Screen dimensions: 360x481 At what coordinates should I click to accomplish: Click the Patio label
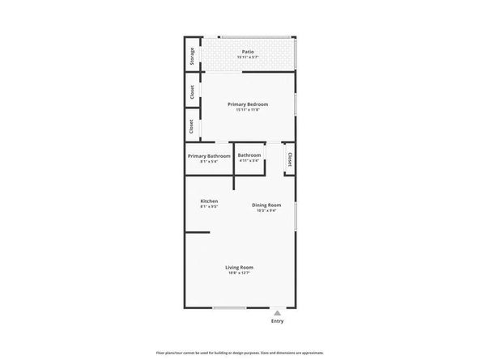click(247, 51)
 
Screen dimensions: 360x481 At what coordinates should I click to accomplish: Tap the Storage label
click(192, 56)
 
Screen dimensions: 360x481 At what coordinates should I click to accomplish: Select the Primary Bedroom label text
click(247, 104)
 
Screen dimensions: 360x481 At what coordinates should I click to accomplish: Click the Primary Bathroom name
click(209, 155)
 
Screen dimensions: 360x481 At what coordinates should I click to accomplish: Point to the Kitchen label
click(209, 201)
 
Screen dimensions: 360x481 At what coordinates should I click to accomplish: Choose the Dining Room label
click(266, 205)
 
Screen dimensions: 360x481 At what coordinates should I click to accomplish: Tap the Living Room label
click(240, 267)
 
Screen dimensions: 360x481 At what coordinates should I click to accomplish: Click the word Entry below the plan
click(278, 321)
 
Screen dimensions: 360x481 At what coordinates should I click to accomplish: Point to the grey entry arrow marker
click(278, 312)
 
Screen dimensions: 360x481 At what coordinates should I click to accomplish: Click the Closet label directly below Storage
click(192, 92)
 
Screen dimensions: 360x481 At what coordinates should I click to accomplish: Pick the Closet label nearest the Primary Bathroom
click(192, 127)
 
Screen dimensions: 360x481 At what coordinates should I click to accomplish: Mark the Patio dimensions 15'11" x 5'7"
click(247, 57)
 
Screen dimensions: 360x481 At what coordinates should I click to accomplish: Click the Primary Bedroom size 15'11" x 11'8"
click(247, 111)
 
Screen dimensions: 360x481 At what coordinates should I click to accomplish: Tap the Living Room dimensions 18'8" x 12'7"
click(240, 273)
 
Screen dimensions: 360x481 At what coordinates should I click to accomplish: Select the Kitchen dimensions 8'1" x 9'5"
click(209, 207)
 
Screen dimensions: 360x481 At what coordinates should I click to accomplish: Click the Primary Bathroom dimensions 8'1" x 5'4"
click(209, 162)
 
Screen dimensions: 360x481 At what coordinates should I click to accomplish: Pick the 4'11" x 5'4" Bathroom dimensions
click(249, 161)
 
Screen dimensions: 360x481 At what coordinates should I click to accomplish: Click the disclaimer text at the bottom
click(240, 353)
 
